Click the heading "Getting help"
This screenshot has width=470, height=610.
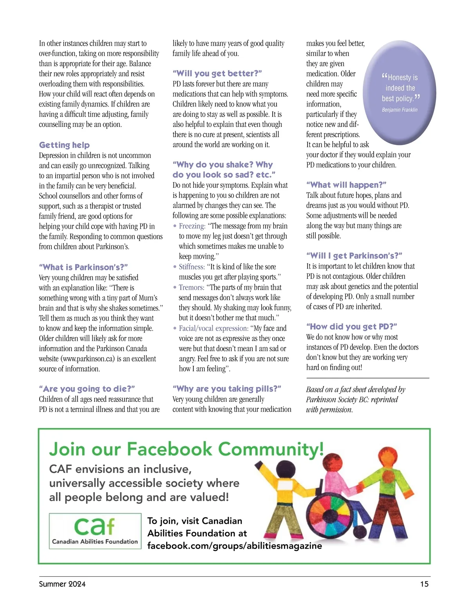(64, 145)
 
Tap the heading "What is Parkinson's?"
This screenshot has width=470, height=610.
(83, 267)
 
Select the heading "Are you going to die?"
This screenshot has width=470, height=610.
(87, 389)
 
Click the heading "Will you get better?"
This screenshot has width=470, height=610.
(217, 73)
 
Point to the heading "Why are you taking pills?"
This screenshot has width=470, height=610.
(227, 389)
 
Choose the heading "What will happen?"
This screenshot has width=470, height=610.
(346, 185)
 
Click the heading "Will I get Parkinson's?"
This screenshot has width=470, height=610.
(354, 256)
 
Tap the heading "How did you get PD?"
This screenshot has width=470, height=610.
(352, 327)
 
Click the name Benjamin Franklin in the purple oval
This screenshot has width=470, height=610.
(399, 110)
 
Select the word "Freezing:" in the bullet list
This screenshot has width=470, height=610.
(192, 226)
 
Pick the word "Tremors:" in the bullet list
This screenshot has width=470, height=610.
(192, 287)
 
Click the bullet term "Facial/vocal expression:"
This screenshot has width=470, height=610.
(213, 328)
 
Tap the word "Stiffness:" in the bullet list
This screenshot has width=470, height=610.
(192, 267)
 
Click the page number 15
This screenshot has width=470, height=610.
(424, 584)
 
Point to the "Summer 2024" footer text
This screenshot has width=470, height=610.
(62, 584)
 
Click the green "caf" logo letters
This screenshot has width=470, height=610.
(94, 527)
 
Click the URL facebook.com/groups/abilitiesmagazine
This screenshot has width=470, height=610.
(235, 546)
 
